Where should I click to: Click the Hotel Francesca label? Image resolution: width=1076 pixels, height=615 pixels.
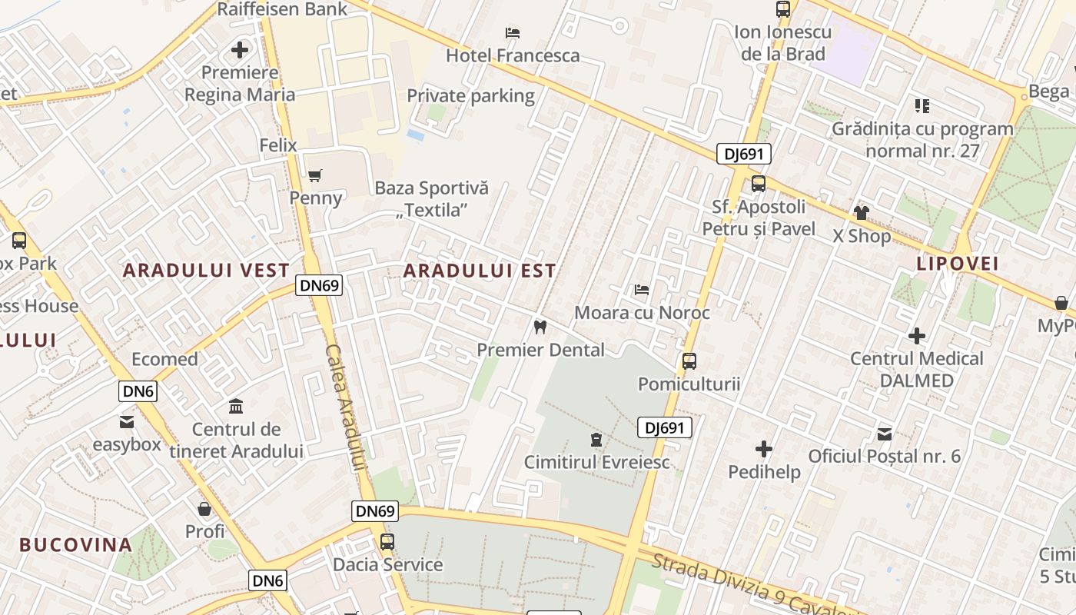pos(513,55)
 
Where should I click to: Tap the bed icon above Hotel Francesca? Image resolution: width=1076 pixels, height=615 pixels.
pos(513,33)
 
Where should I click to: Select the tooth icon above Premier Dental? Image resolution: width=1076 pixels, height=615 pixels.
pos(540,327)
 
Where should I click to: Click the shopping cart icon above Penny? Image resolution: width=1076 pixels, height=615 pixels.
pos(314,176)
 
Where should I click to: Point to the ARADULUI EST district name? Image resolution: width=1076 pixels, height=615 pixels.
pos(480,271)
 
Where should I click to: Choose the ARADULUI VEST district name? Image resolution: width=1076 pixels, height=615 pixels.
pos(206,271)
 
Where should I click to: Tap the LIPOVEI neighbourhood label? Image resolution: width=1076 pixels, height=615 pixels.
pos(957,264)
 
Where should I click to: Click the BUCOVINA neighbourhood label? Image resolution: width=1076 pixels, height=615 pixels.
pos(76,545)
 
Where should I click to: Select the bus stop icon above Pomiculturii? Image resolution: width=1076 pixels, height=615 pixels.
pos(689,361)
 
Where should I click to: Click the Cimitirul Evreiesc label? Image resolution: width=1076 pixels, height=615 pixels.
pos(596,462)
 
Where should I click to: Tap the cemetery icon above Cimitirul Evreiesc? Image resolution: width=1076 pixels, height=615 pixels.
pos(596,440)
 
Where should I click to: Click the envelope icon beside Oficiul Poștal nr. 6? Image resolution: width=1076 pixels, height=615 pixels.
pos(885,434)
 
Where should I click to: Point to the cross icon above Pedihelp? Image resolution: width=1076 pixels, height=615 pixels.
pos(764,449)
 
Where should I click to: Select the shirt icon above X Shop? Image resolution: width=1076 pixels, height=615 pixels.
pos(861,213)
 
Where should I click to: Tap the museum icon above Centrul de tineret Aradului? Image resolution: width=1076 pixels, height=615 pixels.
pos(236,406)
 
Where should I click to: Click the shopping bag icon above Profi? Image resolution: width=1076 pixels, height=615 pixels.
pos(204,509)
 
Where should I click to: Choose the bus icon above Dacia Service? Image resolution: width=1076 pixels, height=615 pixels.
pos(387,542)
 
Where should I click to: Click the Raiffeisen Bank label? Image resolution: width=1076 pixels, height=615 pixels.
pos(282,9)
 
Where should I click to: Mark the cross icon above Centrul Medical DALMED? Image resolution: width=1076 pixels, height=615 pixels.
pos(916,336)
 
